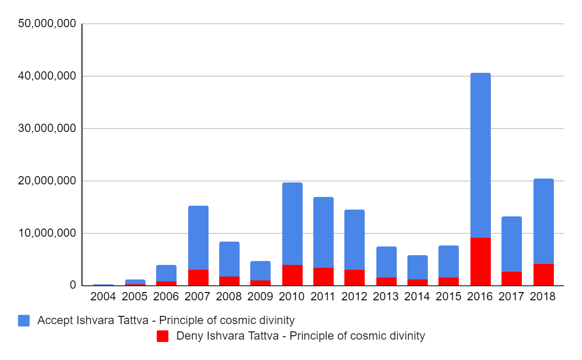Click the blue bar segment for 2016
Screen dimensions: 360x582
(480, 155)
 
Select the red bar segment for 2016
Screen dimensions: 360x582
(480, 262)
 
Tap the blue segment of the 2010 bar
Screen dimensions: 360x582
(292, 224)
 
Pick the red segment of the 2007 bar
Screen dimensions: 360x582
(198, 278)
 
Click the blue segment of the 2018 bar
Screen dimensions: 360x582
(543, 221)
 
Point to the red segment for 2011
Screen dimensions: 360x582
(323, 277)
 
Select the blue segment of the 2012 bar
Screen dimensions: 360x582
(355, 240)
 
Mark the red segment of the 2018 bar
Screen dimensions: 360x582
(543, 275)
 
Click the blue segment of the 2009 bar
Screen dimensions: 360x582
(260, 271)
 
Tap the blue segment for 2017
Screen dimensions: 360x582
(512, 244)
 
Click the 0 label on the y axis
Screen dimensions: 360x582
(73, 286)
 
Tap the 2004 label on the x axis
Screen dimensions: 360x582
(104, 296)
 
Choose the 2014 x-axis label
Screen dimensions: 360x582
(417, 296)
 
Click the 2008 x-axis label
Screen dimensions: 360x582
(229, 296)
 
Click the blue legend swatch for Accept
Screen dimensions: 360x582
(24, 320)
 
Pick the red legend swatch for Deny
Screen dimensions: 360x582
(162, 336)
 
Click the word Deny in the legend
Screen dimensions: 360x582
(187, 336)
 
